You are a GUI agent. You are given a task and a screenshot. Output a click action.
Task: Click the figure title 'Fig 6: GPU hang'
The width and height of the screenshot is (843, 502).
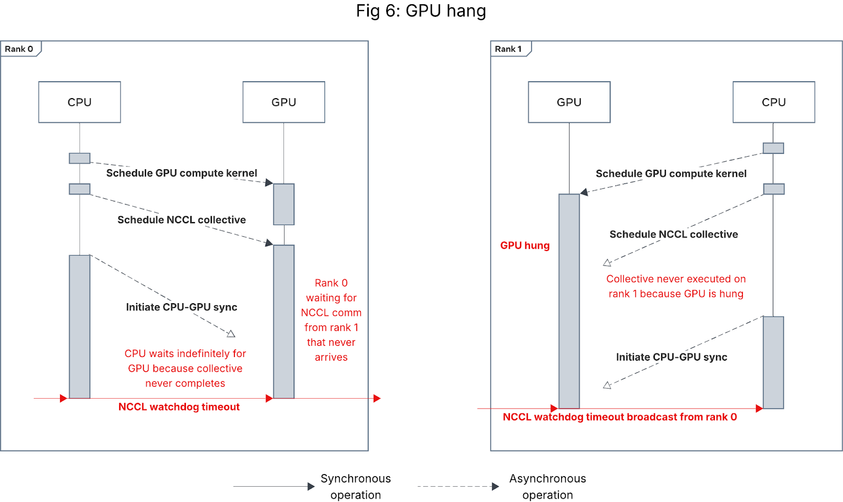[x=421, y=11]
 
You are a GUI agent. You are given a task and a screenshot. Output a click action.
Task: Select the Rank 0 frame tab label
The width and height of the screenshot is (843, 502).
[x=19, y=49]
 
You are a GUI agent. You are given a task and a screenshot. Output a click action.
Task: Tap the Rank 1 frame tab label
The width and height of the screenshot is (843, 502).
[x=508, y=49]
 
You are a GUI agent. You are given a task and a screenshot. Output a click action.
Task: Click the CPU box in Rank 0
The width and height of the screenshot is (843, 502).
[x=80, y=102]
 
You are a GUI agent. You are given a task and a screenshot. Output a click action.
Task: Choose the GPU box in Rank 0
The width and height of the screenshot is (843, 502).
[x=283, y=102]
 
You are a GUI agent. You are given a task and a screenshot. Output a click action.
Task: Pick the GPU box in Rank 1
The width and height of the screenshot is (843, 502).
[x=569, y=102]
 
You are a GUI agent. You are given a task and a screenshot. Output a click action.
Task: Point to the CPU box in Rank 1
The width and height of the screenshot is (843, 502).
[x=773, y=102]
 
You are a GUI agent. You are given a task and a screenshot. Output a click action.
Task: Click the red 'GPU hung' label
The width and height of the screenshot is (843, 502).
[x=525, y=246]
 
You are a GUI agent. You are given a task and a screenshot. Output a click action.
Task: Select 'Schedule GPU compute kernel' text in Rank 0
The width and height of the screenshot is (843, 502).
[x=182, y=173]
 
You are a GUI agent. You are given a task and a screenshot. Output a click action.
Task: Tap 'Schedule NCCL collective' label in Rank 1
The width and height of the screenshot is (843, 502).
[x=673, y=235]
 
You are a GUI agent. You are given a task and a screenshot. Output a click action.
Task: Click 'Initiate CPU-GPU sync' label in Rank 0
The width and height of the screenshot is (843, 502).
[x=182, y=307]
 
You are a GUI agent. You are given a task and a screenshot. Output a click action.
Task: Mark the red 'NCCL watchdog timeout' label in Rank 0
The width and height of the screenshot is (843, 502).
[x=179, y=407]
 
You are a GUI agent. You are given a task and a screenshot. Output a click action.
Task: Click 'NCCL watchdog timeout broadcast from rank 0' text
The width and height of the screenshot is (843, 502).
[x=620, y=417]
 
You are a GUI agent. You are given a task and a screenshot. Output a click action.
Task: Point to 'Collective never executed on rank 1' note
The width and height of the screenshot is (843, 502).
[x=676, y=286]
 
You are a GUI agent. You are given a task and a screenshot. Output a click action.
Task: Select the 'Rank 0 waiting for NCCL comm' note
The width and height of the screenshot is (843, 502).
[x=331, y=320]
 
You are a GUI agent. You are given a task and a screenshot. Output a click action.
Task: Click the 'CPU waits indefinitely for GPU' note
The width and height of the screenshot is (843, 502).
[x=185, y=369]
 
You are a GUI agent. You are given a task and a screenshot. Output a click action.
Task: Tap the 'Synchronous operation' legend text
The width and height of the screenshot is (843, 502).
[x=356, y=486]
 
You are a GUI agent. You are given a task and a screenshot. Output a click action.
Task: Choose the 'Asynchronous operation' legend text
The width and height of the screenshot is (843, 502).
[x=547, y=486]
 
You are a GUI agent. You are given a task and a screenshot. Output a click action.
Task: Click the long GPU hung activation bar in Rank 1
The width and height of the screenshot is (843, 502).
[x=569, y=301]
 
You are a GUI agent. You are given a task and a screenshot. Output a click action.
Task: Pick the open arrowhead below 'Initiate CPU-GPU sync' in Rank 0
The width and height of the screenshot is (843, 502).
[x=231, y=333]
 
